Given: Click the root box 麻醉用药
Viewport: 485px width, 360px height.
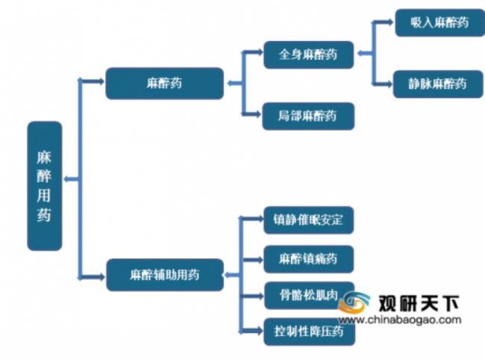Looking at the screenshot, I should click(x=44, y=186).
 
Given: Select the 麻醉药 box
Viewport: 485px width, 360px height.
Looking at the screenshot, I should click(x=164, y=84).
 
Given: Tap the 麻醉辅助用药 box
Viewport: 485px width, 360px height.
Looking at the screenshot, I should click(x=164, y=274).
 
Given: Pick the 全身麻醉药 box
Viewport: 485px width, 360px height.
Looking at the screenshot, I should click(x=308, y=55).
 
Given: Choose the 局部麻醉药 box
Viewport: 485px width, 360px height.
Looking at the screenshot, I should click(x=308, y=117).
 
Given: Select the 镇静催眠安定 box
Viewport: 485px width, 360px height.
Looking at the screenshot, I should click(x=308, y=221).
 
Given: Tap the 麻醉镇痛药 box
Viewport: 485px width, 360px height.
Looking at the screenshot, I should click(x=308, y=258).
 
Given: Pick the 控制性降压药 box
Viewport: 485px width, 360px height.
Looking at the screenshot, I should click(x=308, y=330).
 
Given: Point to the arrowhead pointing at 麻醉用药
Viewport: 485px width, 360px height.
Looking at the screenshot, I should click(x=68, y=179).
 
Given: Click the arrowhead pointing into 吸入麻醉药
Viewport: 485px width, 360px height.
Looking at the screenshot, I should click(x=389, y=23).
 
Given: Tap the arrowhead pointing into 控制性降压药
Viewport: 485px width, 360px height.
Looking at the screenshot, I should click(x=259, y=330).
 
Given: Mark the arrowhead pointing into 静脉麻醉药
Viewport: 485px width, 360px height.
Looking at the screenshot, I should click(x=389, y=84).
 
